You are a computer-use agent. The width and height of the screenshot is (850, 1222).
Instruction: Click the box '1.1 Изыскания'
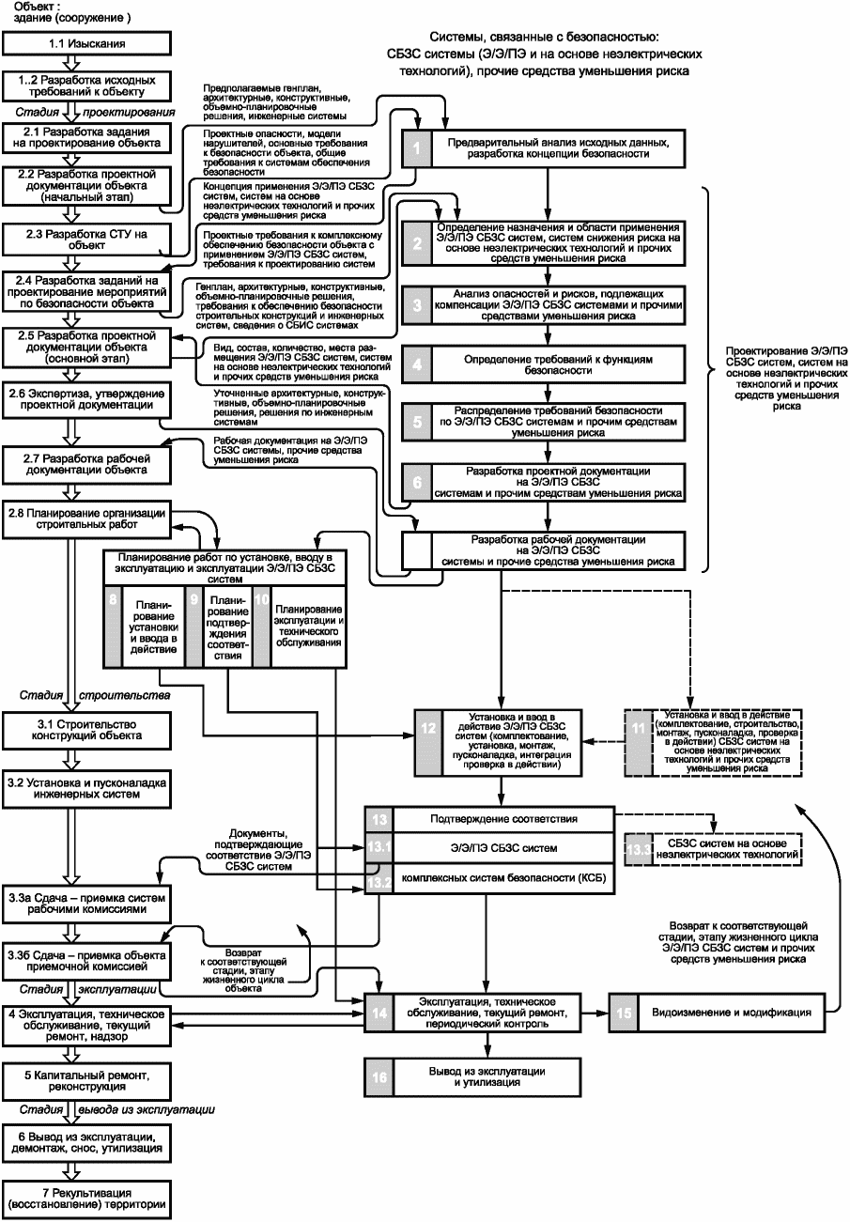coord(86,43)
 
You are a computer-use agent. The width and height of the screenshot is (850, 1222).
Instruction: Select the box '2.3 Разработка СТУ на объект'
coord(86,240)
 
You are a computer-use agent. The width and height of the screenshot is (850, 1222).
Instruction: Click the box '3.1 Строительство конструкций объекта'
coord(86,730)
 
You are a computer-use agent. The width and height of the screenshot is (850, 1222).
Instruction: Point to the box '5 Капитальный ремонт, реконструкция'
coord(86,1081)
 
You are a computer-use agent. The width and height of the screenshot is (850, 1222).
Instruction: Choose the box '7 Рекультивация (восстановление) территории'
coord(86,1199)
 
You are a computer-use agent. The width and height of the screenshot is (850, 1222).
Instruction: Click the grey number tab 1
coord(417,148)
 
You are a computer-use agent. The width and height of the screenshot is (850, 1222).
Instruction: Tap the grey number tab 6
coord(417,482)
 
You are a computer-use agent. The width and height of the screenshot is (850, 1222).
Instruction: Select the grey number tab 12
coord(428,742)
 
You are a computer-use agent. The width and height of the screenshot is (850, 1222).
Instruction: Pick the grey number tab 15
coord(624,1013)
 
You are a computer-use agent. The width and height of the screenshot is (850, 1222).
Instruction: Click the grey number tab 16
coord(379,1077)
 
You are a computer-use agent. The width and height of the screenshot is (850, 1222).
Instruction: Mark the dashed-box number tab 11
coord(639,742)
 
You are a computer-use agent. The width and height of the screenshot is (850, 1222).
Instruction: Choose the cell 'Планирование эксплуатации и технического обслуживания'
coord(308,626)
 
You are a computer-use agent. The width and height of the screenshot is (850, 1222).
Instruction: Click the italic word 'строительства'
coord(124,696)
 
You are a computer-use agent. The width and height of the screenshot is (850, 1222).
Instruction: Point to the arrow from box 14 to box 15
coord(595,1013)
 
